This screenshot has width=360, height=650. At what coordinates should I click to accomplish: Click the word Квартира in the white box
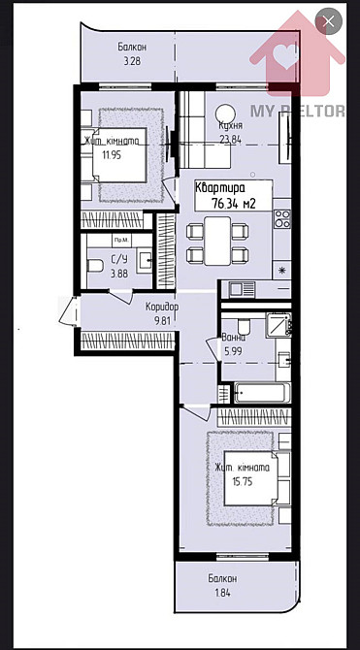(x=221, y=188)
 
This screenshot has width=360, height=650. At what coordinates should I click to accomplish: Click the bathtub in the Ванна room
(x=261, y=394)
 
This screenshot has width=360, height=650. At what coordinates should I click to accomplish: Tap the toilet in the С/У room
(x=95, y=263)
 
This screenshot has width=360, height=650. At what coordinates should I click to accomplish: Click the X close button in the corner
(x=331, y=21)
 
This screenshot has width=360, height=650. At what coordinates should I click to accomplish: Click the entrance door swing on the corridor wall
(x=68, y=312)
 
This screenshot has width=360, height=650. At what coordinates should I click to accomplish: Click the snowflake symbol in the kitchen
(x=282, y=269)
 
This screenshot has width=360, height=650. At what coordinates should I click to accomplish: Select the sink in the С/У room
(x=143, y=259)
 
